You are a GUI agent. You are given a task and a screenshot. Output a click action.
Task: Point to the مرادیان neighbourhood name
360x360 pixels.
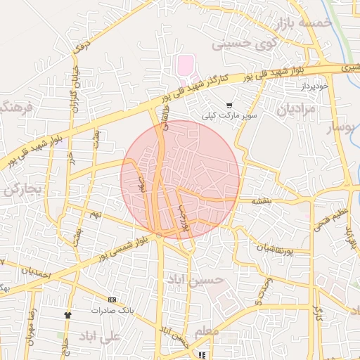pos(293,110)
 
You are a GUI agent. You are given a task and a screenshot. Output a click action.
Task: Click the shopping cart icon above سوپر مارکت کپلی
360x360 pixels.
pos(229,105)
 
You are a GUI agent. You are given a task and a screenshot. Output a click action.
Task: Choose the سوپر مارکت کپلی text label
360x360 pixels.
pos(229,115)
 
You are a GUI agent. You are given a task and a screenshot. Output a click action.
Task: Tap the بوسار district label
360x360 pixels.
pos(342,128)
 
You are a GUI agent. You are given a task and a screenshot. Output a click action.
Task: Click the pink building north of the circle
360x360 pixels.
pos(184,67)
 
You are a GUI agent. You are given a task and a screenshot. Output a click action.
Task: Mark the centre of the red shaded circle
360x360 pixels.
pos(181,179)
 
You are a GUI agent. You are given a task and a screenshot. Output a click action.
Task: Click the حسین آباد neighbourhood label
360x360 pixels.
pos(194,279)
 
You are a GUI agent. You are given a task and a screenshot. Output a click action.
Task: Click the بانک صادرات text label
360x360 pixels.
pos(110,310)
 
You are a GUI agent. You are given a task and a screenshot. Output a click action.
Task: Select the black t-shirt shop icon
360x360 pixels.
pos(68,315)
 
